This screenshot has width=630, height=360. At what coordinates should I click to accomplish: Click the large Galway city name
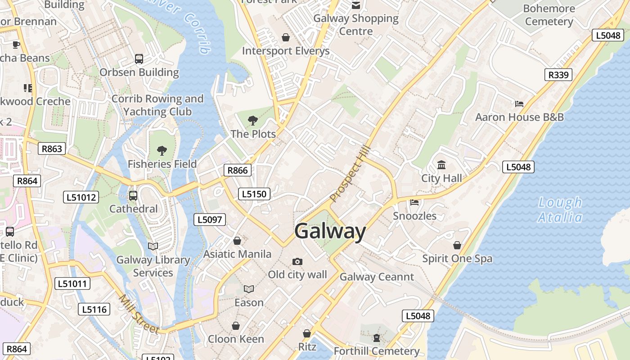tap(330, 231)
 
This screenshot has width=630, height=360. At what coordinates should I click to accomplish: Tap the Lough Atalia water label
tap(560, 210)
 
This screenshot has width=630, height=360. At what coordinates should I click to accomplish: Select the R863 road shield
tap(52, 148)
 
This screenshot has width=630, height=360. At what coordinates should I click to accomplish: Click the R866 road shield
tap(238, 170)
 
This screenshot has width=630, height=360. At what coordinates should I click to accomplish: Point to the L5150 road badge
tap(254, 194)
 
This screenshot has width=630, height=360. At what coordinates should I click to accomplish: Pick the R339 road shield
tap(558, 75)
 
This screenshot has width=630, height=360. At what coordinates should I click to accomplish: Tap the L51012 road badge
tap(81, 197)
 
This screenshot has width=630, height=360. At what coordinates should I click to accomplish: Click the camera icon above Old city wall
tap(297, 261)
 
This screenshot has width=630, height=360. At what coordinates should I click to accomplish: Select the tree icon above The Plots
tap(253, 121)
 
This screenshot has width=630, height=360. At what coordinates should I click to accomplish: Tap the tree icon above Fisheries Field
tap(162, 151)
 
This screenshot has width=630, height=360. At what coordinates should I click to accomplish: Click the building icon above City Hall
tap(441, 165)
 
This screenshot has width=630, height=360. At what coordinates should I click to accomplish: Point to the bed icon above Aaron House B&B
tap(519, 104)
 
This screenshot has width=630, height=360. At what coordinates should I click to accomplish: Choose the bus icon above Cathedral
tap(133, 196)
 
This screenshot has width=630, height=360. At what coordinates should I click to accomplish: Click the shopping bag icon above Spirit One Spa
tap(457, 245)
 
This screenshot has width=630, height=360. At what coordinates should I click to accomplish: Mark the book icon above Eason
tap(249, 289)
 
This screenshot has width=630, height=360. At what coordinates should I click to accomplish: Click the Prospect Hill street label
tap(350, 173)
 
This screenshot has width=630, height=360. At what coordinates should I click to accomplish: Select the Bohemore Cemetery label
tap(549, 15)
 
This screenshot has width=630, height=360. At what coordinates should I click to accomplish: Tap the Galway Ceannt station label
tap(377, 277)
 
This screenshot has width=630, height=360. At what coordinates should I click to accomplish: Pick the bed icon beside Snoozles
tap(414, 202)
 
